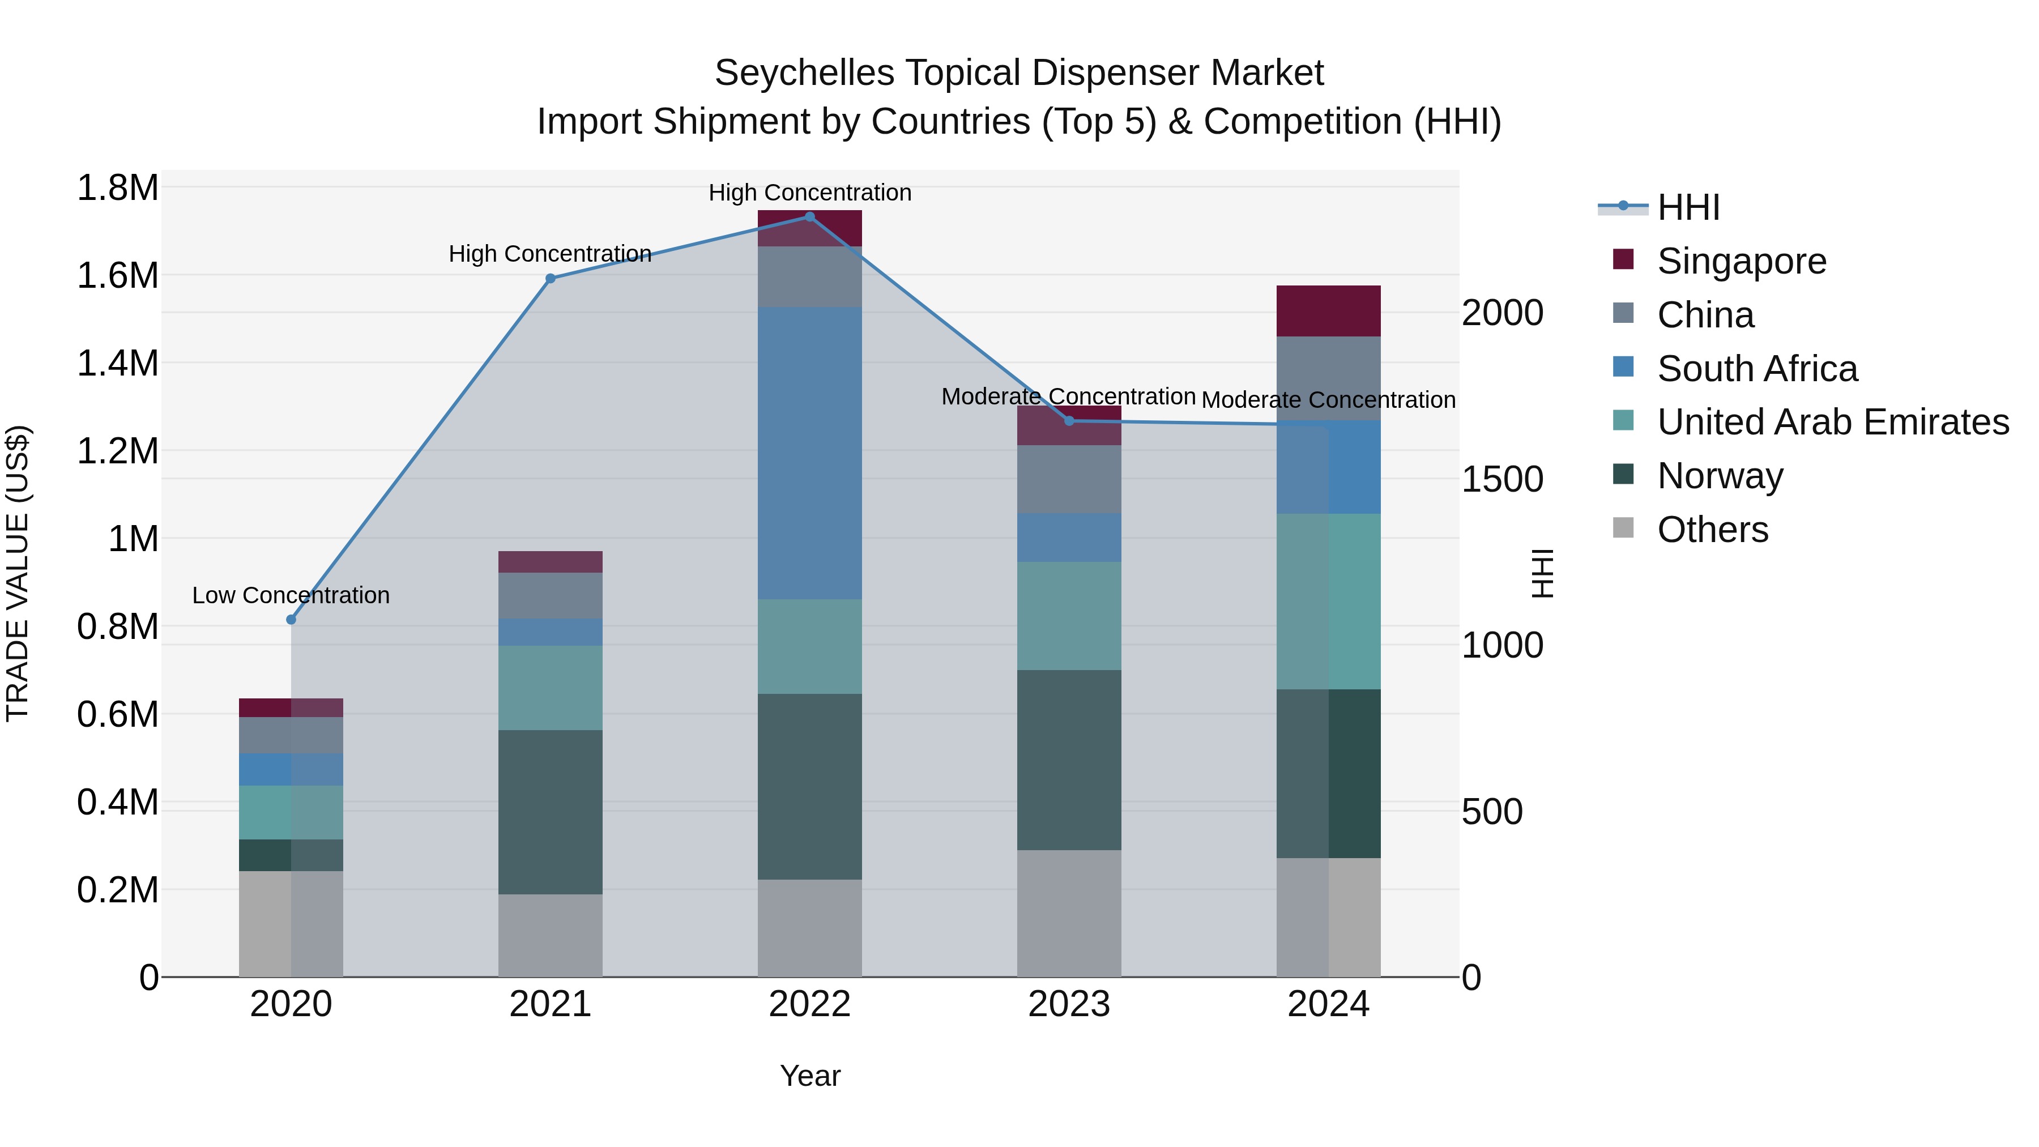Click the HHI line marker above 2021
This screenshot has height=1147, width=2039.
point(550,279)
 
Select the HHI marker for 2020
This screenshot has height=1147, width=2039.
point(291,620)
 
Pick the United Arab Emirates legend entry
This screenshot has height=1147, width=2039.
point(1832,422)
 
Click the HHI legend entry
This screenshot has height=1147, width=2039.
point(1688,207)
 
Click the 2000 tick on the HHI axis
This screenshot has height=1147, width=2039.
point(1501,313)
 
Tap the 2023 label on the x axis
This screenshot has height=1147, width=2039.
point(1069,1004)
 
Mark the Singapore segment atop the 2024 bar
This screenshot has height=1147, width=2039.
point(1328,311)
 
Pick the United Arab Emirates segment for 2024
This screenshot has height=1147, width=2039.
point(1328,602)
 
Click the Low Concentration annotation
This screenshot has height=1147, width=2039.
point(291,595)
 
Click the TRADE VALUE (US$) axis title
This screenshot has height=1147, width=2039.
point(18,573)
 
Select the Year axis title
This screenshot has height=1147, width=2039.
point(810,1076)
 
